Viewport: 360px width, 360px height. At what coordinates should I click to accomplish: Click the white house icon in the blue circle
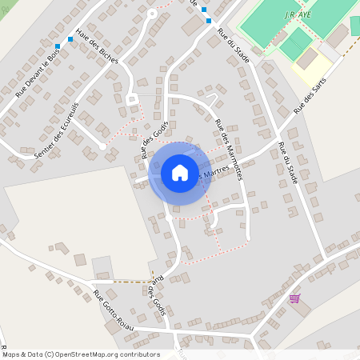180,173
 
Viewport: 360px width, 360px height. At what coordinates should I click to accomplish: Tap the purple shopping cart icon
294,298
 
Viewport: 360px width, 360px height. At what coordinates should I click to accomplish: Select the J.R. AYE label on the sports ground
297,14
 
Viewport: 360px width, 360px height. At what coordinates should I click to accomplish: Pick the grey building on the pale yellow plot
308,58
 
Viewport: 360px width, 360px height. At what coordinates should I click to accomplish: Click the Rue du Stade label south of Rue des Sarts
287,164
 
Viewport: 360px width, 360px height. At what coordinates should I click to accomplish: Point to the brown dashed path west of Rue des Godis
132,282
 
